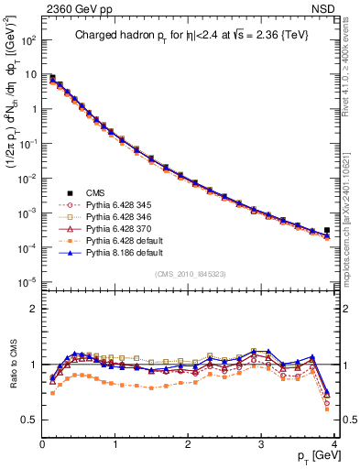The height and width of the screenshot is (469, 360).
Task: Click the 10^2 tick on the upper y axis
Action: [x=27, y=41]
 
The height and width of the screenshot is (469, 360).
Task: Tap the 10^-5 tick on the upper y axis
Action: [x=27, y=281]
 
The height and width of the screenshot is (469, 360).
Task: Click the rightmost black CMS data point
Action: [x=327, y=230]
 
